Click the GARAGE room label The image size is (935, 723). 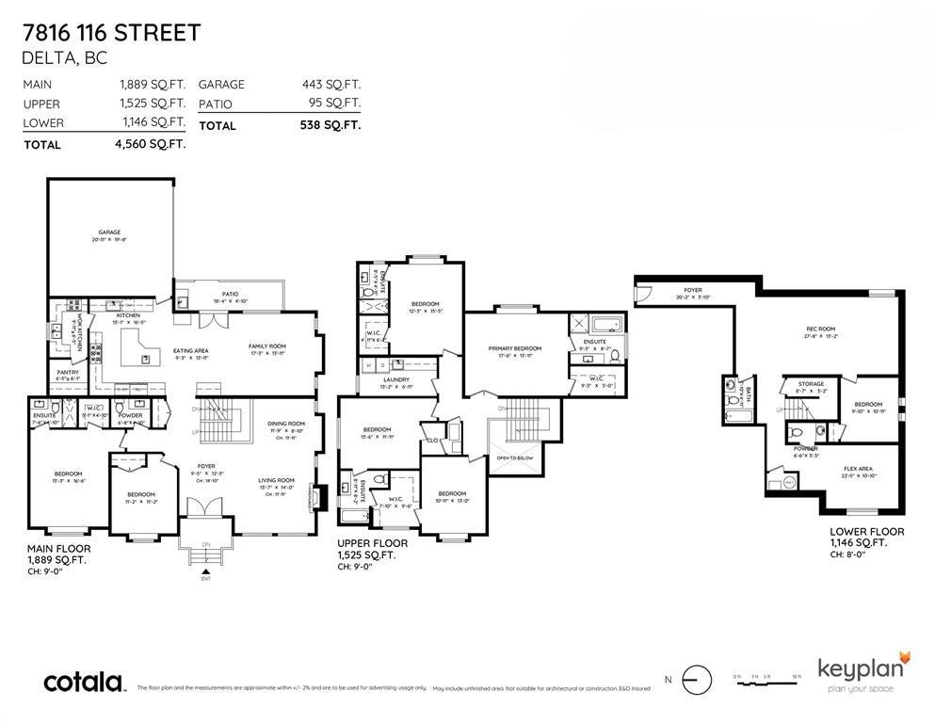point(110,232)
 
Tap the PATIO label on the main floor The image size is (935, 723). point(230,294)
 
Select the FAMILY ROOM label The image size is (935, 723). point(266,345)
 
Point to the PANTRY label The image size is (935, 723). point(68,372)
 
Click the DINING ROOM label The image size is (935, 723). point(286,423)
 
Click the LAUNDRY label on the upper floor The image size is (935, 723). point(395,379)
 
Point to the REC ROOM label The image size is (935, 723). point(820,329)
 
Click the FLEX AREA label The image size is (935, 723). point(857,468)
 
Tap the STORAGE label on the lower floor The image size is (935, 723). point(811,384)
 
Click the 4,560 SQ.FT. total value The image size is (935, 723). point(152,144)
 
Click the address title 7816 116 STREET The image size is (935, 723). point(111,33)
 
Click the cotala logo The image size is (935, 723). point(85,683)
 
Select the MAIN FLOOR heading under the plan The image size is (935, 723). point(58,549)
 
